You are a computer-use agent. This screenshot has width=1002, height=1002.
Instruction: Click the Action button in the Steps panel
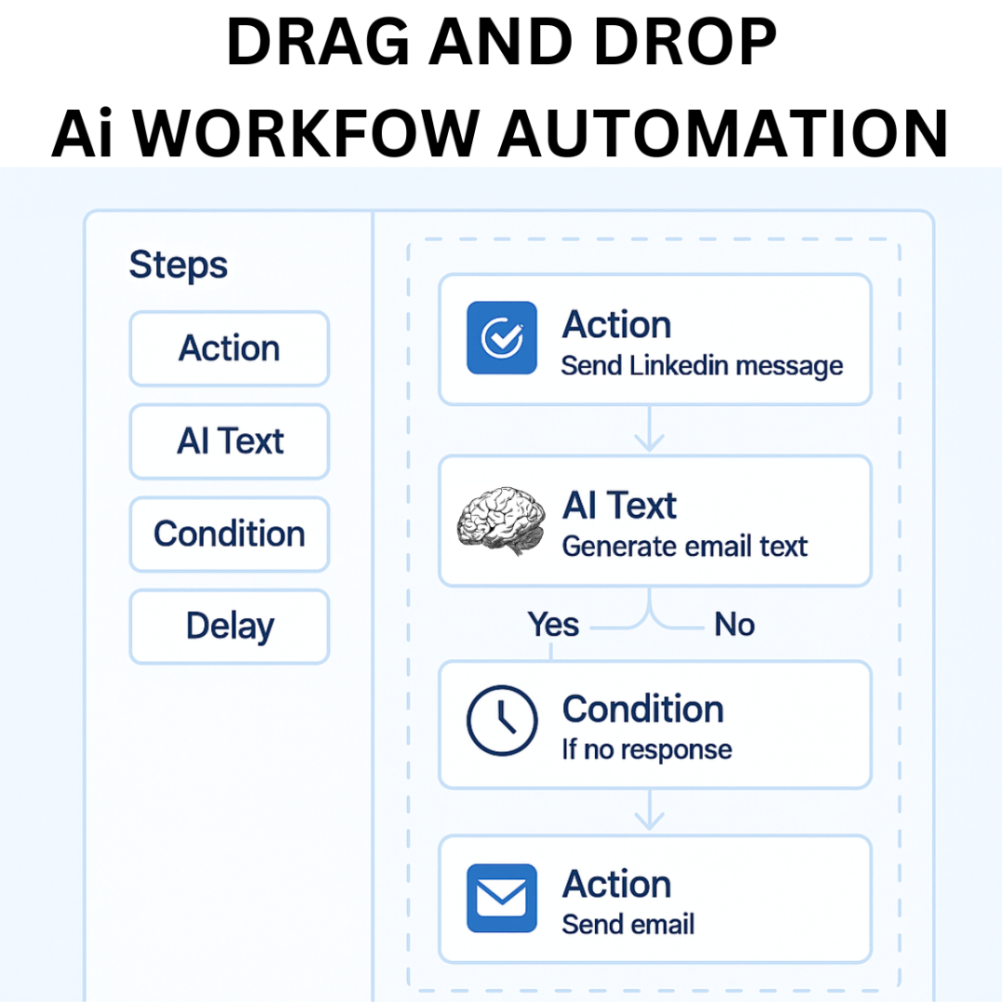(x=229, y=349)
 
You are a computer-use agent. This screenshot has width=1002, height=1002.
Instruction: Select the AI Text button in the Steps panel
(x=229, y=441)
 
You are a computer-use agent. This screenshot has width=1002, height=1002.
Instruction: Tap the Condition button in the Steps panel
(x=229, y=535)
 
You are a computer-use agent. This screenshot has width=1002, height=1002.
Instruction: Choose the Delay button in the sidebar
(x=229, y=627)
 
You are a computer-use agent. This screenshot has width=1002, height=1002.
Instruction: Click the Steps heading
(x=178, y=265)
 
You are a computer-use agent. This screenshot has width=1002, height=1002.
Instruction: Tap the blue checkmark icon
(x=502, y=337)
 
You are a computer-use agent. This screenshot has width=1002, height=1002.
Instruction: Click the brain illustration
(x=501, y=521)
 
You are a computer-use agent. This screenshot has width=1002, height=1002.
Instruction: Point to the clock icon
(x=502, y=721)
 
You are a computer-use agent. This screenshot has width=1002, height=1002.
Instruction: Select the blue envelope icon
(x=502, y=898)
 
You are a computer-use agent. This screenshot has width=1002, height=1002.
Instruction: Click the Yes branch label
(x=553, y=624)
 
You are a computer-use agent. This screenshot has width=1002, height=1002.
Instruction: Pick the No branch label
(x=734, y=624)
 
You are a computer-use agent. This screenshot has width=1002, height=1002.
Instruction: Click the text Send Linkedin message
(x=701, y=366)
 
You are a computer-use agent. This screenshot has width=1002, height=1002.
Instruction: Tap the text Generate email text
(x=684, y=547)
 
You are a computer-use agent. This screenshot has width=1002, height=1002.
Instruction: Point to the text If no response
(x=646, y=750)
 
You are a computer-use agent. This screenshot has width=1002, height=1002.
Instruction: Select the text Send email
(x=629, y=925)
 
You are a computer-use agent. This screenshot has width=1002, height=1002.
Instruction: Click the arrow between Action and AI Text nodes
(x=649, y=428)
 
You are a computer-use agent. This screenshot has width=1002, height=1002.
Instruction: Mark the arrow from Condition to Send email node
(x=649, y=809)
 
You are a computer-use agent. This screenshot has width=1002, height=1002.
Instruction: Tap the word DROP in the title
(x=685, y=42)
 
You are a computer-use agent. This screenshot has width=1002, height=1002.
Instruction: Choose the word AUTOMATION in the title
(x=723, y=133)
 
